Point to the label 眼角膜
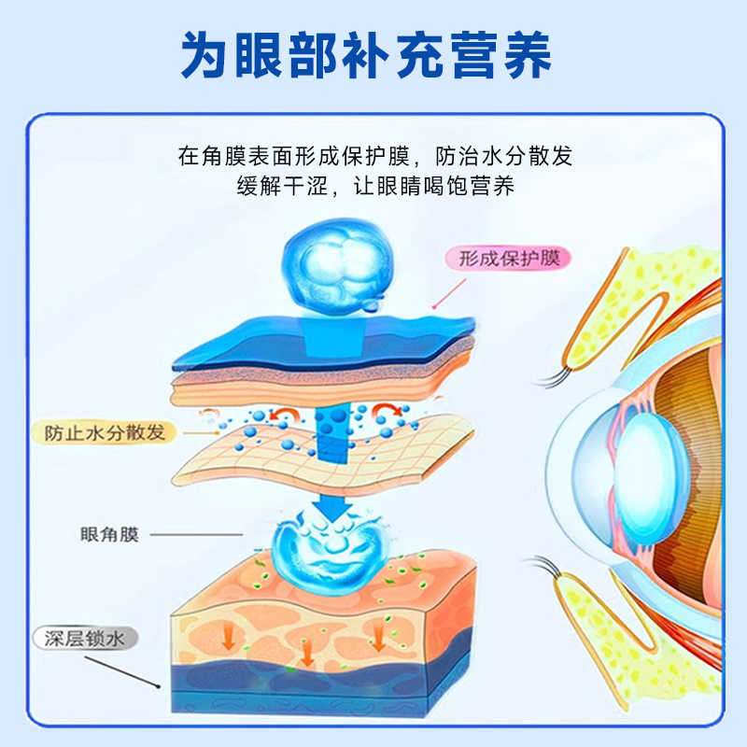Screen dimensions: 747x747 coord(109,535)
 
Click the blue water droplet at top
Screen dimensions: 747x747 coord(328,264)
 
